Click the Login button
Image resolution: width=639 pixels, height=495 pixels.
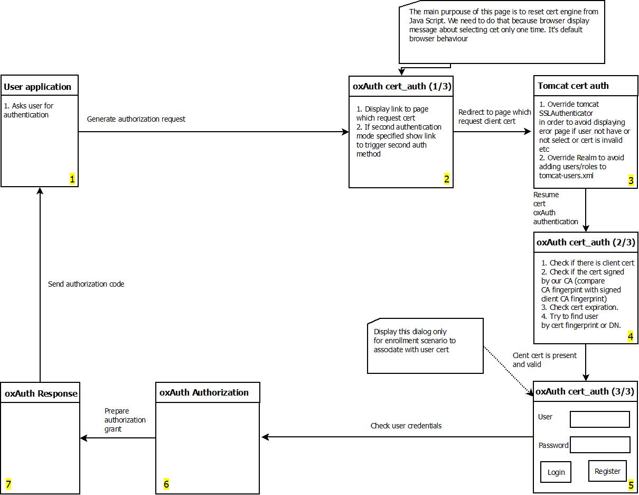click(556, 472)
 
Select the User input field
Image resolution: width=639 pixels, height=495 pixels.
click(599, 419)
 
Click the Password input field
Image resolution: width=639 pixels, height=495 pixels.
click(600, 445)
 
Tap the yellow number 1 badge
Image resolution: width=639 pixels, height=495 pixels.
click(72, 179)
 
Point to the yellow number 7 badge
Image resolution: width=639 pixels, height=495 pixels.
click(8, 484)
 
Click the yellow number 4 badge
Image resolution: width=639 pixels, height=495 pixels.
click(630, 336)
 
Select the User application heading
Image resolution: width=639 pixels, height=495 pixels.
click(37, 87)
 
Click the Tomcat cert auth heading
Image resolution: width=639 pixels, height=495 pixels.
click(573, 86)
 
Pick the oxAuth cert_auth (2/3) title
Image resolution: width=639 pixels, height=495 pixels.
click(585, 242)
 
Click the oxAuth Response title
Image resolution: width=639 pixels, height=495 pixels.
click(41, 393)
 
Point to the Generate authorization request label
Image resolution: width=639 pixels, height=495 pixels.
click(136, 119)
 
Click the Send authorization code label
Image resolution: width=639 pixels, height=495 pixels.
click(86, 284)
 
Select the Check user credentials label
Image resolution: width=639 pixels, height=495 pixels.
click(406, 425)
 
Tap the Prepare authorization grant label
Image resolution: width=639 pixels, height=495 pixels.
click(125, 420)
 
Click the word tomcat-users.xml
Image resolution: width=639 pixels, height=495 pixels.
click(566, 175)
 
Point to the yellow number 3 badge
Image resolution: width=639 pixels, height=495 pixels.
click(631, 180)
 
